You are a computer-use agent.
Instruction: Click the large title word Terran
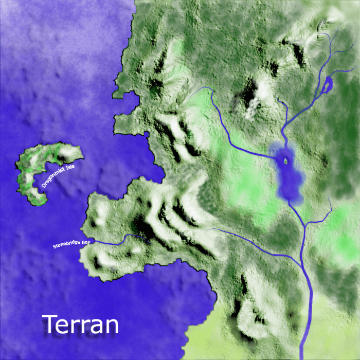81,325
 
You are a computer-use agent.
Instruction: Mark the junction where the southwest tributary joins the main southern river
301,266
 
